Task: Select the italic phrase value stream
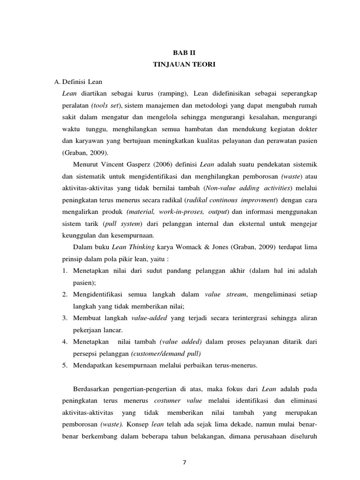[225, 294]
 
